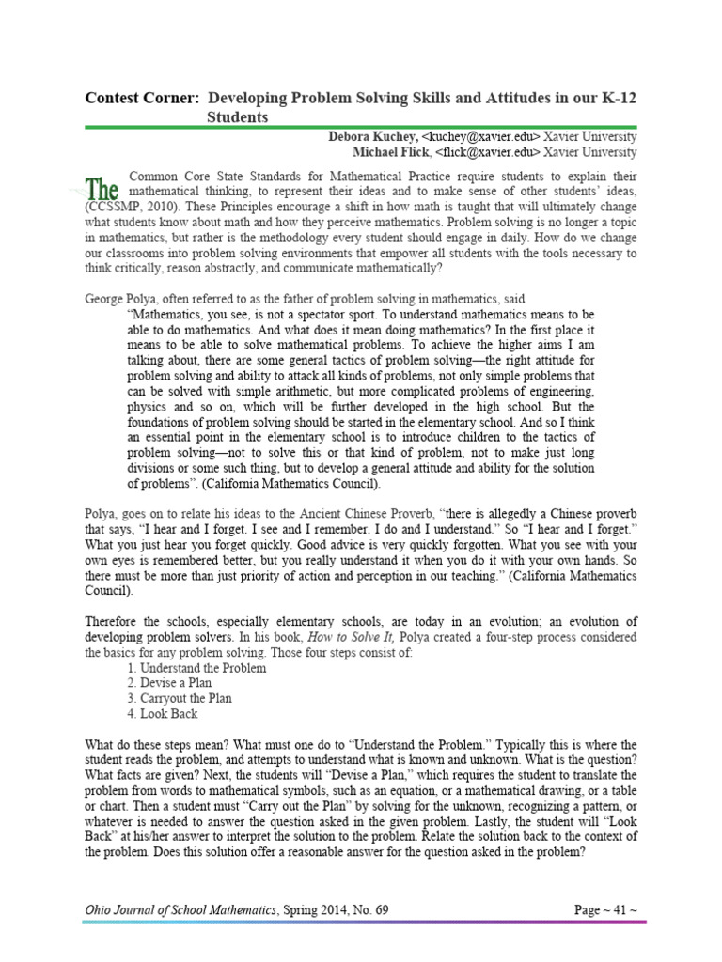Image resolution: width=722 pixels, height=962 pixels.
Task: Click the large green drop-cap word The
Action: click(x=102, y=187)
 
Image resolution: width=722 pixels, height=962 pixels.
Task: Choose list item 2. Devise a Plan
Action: click(x=169, y=683)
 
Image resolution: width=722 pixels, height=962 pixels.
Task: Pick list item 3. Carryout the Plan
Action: click(x=179, y=698)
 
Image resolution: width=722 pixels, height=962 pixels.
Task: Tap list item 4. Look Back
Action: click(x=162, y=714)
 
